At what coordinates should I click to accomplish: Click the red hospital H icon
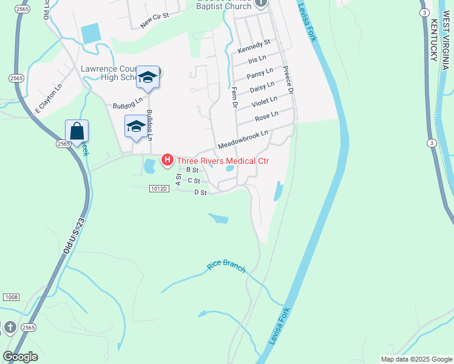[167, 161]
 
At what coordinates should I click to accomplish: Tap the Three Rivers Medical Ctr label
[222, 161]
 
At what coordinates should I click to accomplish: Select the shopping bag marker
[76, 131]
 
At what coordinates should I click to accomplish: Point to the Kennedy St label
[254, 46]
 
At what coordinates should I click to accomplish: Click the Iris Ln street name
[257, 61]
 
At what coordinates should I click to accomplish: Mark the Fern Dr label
[234, 98]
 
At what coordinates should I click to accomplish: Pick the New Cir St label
[154, 21]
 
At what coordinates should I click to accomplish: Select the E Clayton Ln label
[49, 98]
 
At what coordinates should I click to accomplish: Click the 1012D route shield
[158, 189]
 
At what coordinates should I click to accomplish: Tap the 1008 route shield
[10, 297]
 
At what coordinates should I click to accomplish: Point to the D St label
[201, 192]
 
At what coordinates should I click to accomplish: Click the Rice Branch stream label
[226, 267]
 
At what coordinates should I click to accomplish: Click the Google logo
[20, 357]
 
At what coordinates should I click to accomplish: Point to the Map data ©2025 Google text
[416, 359]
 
